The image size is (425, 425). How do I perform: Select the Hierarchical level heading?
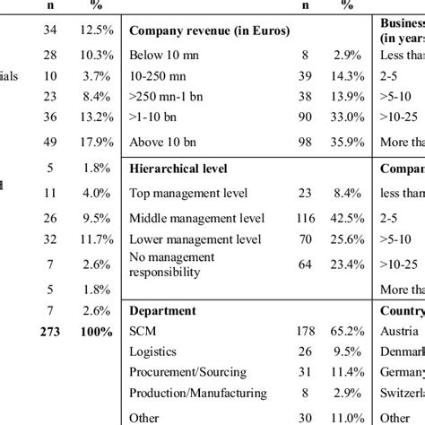(178, 168)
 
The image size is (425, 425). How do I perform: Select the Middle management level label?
(196, 217)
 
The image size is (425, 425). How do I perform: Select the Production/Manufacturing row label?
(197, 393)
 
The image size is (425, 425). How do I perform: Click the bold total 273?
(45, 331)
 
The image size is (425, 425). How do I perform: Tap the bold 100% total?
(94, 331)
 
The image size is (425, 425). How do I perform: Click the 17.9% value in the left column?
(94, 141)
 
